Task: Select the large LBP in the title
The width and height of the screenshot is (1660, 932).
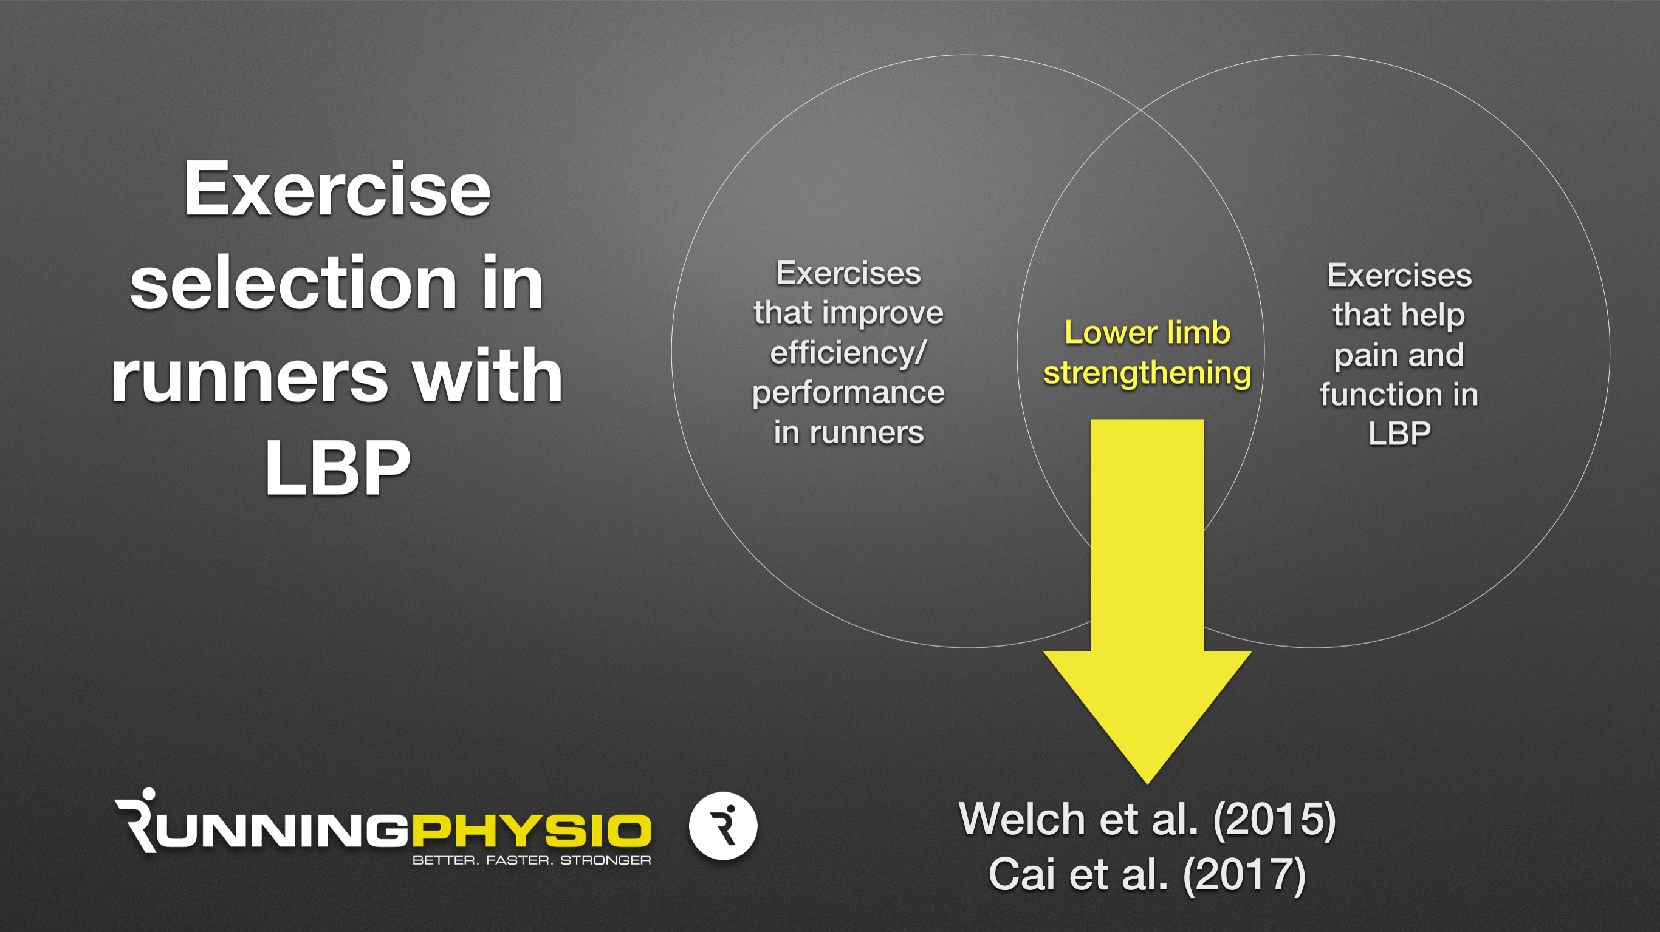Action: click(x=337, y=466)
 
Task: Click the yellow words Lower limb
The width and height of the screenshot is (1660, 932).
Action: click(x=1147, y=332)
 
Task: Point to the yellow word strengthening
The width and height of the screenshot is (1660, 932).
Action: click(x=1147, y=373)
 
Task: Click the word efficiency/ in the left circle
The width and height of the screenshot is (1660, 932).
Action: click(x=848, y=353)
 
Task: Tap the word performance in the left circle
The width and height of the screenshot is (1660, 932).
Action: click(x=848, y=393)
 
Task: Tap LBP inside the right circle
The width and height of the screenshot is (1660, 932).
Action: click(x=1399, y=434)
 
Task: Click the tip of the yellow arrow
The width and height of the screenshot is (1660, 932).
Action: click(x=1147, y=783)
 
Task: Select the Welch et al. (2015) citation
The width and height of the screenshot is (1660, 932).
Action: click(x=1147, y=819)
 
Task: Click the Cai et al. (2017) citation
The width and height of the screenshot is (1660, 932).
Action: click(x=1147, y=875)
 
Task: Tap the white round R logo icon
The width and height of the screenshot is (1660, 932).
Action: click(x=723, y=826)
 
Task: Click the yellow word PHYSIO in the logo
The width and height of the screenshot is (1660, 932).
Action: click(x=532, y=830)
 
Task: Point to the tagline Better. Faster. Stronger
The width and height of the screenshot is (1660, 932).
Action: click(x=532, y=860)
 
